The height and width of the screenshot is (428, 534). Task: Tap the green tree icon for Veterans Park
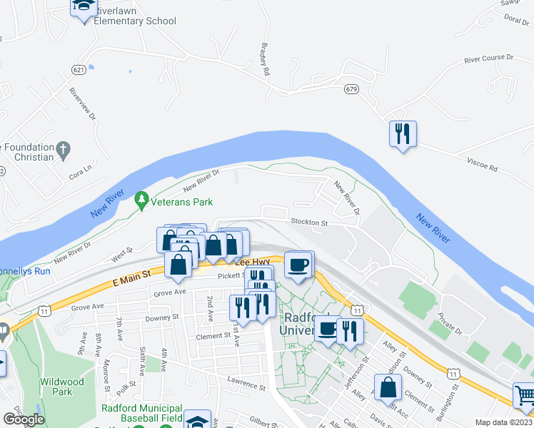142,198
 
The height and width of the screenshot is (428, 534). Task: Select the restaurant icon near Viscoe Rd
403,133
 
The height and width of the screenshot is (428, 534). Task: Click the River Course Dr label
488,58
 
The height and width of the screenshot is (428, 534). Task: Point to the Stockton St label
308,223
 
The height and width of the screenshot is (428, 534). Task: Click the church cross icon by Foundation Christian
64,151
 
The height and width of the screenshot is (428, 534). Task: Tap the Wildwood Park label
62,387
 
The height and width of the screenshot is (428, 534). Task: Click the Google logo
24,419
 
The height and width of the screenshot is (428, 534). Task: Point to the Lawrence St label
246,384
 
